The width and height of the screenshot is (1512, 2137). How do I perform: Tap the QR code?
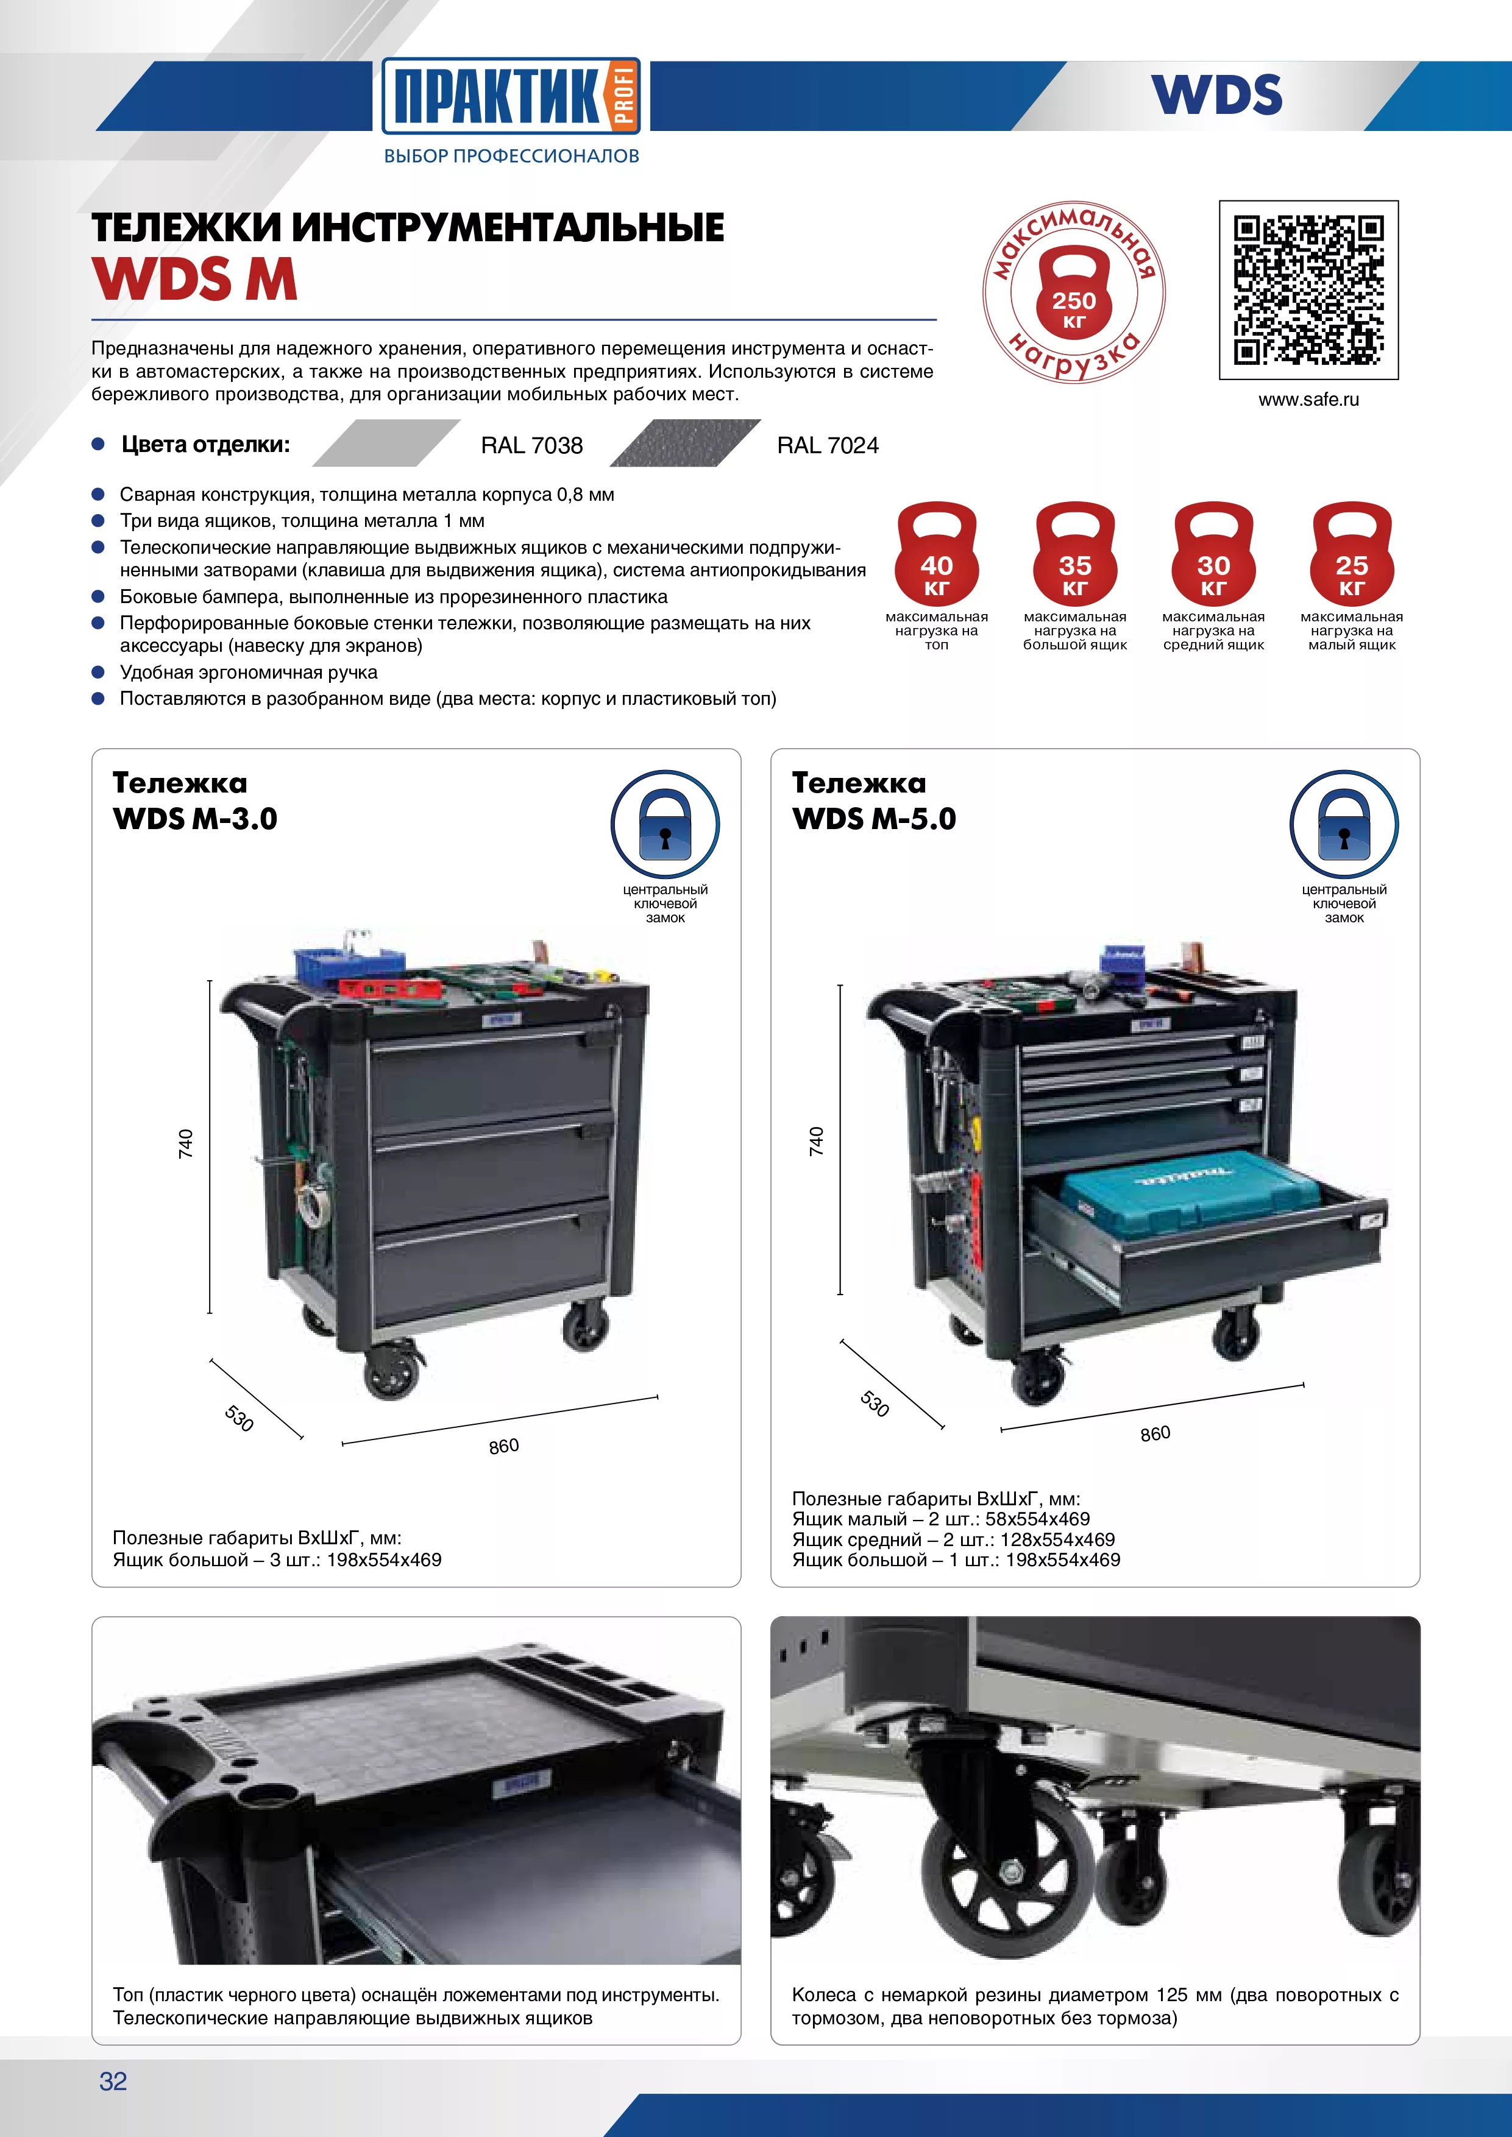pyautogui.click(x=1308, y=289)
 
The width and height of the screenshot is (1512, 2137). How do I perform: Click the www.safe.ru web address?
pyautogui.click(x=1308, y=399)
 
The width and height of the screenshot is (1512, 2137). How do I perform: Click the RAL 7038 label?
pyautogui.click(x=531, y=446)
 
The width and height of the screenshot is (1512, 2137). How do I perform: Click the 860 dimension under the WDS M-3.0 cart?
pyautogui.click(x=503, y=1446)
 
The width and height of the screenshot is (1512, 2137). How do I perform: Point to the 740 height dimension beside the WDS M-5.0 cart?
pyautogui.click(x=817, y=1141)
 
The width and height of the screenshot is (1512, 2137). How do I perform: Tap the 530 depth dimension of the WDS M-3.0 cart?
pyautogui.click(x=240, y=1418)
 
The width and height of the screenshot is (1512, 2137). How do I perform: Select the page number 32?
pyautogui.click(x=113, y=2081)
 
